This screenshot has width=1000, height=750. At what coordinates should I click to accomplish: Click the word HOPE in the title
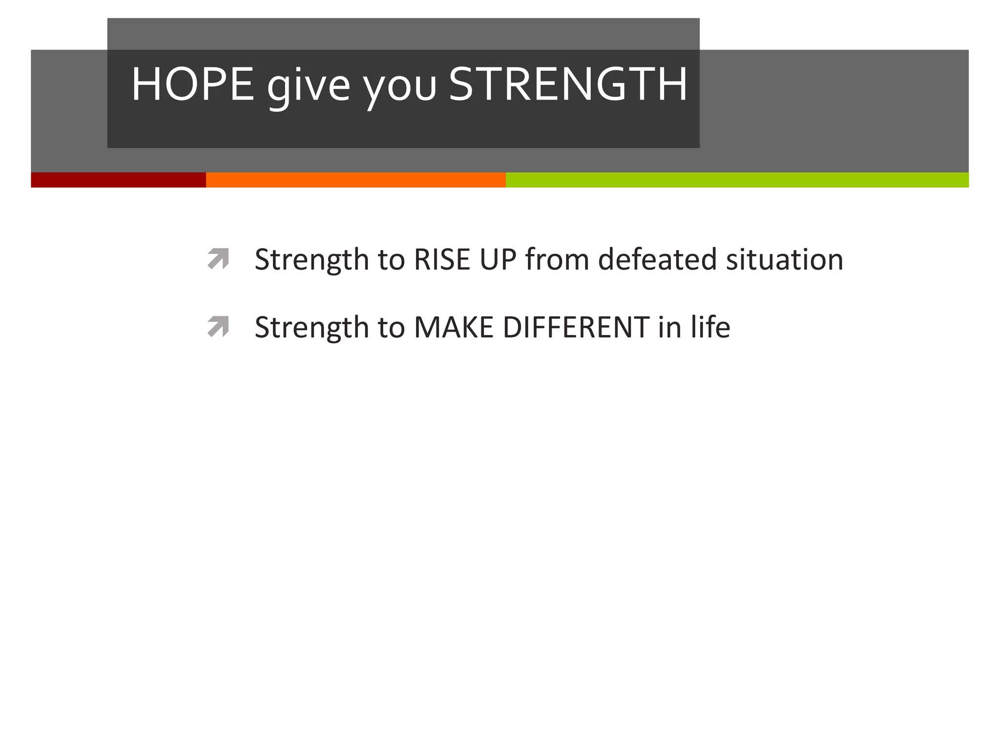click(x=192, y=84)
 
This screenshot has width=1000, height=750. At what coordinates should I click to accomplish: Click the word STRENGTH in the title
click(x=568, y=84)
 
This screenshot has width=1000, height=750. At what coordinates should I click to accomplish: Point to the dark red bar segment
click(x=118, y=180)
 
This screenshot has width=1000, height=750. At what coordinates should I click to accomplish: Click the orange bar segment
click(x=355, y=180)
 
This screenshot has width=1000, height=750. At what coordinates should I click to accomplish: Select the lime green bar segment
click(x=737, y=180)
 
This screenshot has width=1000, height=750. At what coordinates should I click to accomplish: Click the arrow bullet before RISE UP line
click(x=218, y=259)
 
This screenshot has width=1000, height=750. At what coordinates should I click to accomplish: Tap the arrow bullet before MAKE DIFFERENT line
click(x=218, y=327)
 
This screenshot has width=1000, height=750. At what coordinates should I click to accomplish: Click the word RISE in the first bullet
click(x=442, y=259)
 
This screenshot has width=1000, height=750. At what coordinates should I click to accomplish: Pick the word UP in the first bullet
click(x=498, y=259)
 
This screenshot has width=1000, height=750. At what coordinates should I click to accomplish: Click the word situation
click(x=784, y=259)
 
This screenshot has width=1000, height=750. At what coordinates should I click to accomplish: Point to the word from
click(x=557, y=259)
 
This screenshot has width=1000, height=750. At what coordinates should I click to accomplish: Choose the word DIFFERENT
click(x=576, y=327)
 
